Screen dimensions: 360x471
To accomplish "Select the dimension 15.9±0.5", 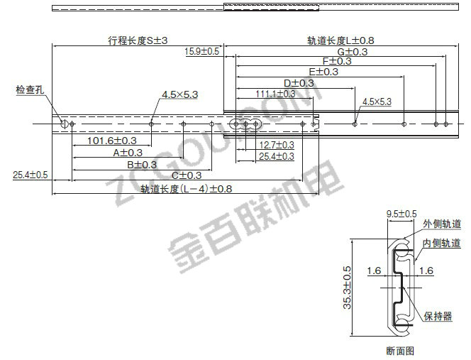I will point(201,52).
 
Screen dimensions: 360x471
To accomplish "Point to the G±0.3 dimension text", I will point(352,52).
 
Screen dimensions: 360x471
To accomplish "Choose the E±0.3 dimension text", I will point(323,72).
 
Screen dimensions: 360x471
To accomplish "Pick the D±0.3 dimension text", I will point(298,82).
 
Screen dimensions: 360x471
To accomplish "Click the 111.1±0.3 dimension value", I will point(276,93).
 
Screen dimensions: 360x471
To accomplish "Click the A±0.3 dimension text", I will point(128,152).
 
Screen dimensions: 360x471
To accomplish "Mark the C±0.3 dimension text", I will point(187,175).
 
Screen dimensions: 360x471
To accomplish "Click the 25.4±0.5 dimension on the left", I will point(30,175).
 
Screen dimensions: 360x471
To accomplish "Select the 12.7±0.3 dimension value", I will point(276,145).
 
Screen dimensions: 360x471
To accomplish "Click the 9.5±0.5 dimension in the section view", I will point(401,213).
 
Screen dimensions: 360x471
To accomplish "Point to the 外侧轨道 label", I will point(442,224).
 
